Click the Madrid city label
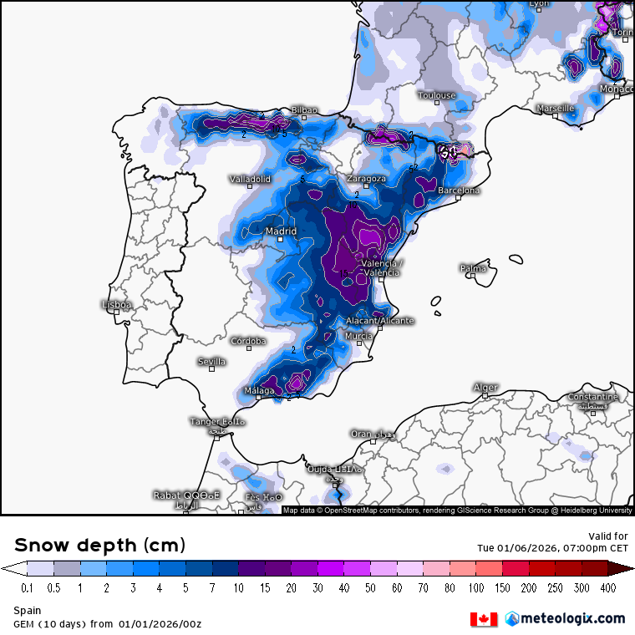[x=281, y=231]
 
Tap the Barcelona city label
[x=459, y=190]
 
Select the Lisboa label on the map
[x=116, y=305]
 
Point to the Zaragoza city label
[x=367, y=179]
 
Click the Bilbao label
[x=304, y=110]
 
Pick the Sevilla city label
[x=211, y=362]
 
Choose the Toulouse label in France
[x=437, y=95]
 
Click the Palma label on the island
[x=473, y=268]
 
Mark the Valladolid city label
[x=251, y=179]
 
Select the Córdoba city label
[x=248, y=341]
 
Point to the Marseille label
[x=556, y=109]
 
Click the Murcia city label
[x=358, y=337]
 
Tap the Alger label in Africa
[x=485, y=388]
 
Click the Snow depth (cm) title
[x=99, y=546]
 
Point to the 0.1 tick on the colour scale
[x=28, y=588]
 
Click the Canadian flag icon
[x=484, y=619]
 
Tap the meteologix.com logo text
[x=571, y=618]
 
